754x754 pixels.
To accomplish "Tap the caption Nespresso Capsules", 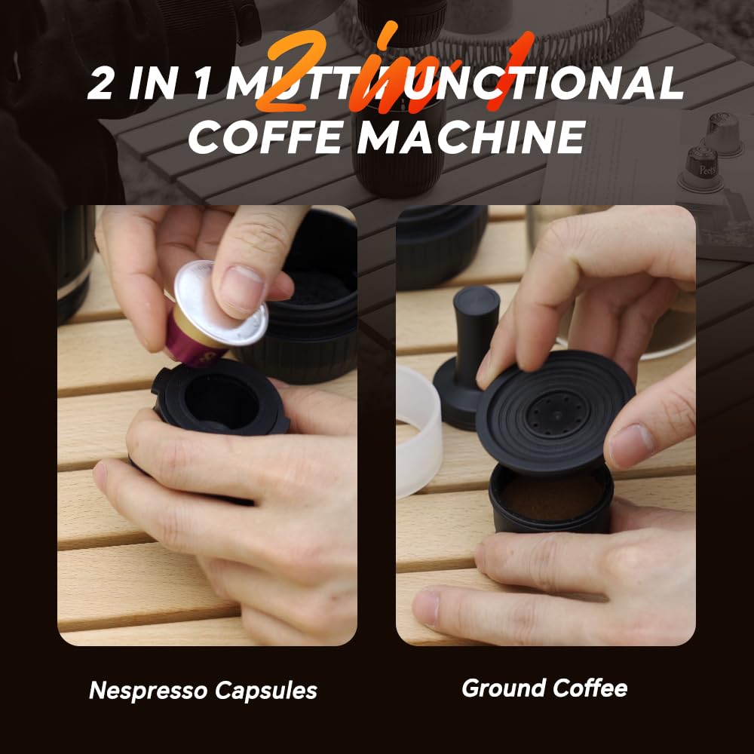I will click(x=203, y=690).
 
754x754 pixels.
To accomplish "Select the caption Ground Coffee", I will click(x=544, y=688).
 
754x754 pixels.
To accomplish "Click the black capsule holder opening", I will click(x=223, y=400).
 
